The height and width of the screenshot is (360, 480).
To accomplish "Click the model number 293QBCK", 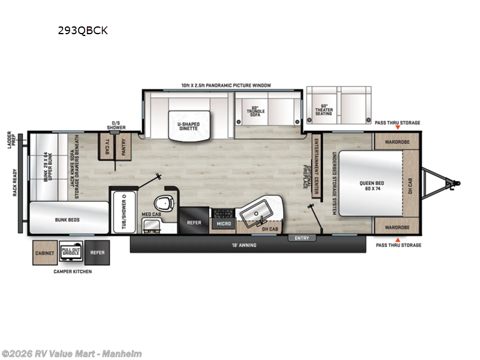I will coord(83,31).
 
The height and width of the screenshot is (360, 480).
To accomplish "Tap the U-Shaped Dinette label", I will coord(188,125).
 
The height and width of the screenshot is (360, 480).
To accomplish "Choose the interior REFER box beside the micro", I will coord(194,221).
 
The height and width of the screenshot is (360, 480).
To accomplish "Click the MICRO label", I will coord(223,224).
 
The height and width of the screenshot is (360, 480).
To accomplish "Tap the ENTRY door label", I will coord(302,238).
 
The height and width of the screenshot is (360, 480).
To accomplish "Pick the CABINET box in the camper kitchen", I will coord(44,253).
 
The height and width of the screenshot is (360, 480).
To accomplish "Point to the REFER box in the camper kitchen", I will coord(97,253).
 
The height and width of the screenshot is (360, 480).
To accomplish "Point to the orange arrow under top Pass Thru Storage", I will coord(397,129).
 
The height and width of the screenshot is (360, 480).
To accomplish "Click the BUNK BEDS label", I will coord(69,220).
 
